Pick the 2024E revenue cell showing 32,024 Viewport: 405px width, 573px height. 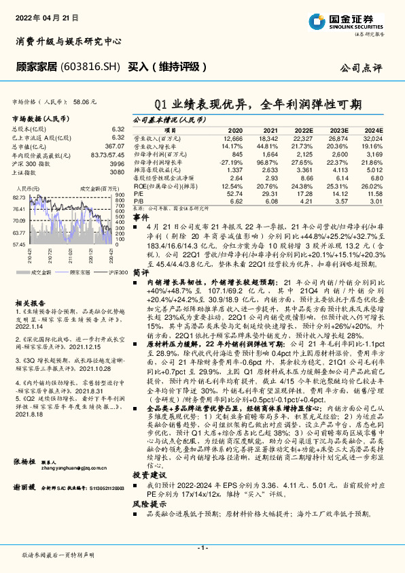click(372, 137)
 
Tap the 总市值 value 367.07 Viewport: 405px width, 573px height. click(114, 146)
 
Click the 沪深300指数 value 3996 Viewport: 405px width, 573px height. click(118, 164)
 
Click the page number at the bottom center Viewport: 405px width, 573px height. click(202, 548)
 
